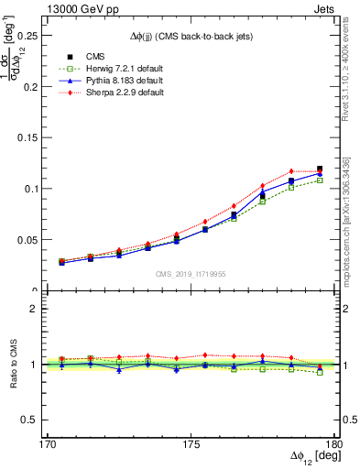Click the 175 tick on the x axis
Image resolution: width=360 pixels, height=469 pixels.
tap(191, 442)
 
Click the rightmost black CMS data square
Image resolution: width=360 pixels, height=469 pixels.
tap(319, 169)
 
